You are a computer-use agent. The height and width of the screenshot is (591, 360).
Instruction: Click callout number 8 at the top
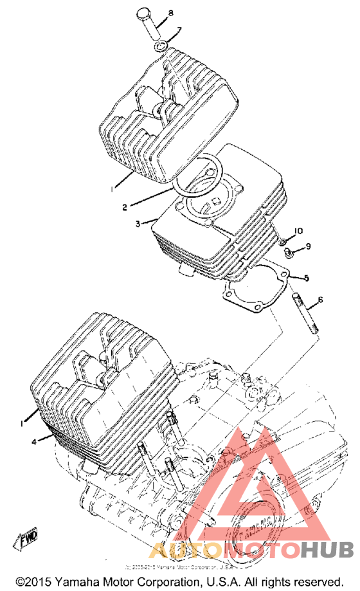(x=171, y=14)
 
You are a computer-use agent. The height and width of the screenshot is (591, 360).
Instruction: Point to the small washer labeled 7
(x=162, y=46)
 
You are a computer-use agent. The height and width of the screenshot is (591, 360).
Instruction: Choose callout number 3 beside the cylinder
(x=137, y=224)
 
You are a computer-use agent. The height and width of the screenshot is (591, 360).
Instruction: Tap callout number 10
(x=298, y=231)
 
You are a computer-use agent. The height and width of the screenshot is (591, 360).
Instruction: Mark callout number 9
(x=308, y=246)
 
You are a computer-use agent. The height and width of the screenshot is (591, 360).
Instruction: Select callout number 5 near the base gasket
(x=307, y=278)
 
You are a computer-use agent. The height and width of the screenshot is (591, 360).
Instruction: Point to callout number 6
(x=320, y=300)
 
